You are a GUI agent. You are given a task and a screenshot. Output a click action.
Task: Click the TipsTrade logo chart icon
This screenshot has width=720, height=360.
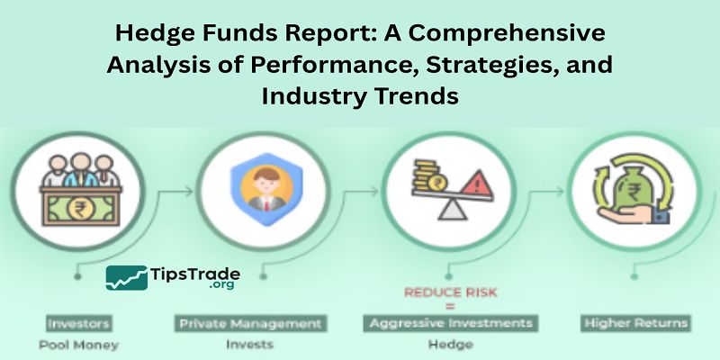tap(127, 278)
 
